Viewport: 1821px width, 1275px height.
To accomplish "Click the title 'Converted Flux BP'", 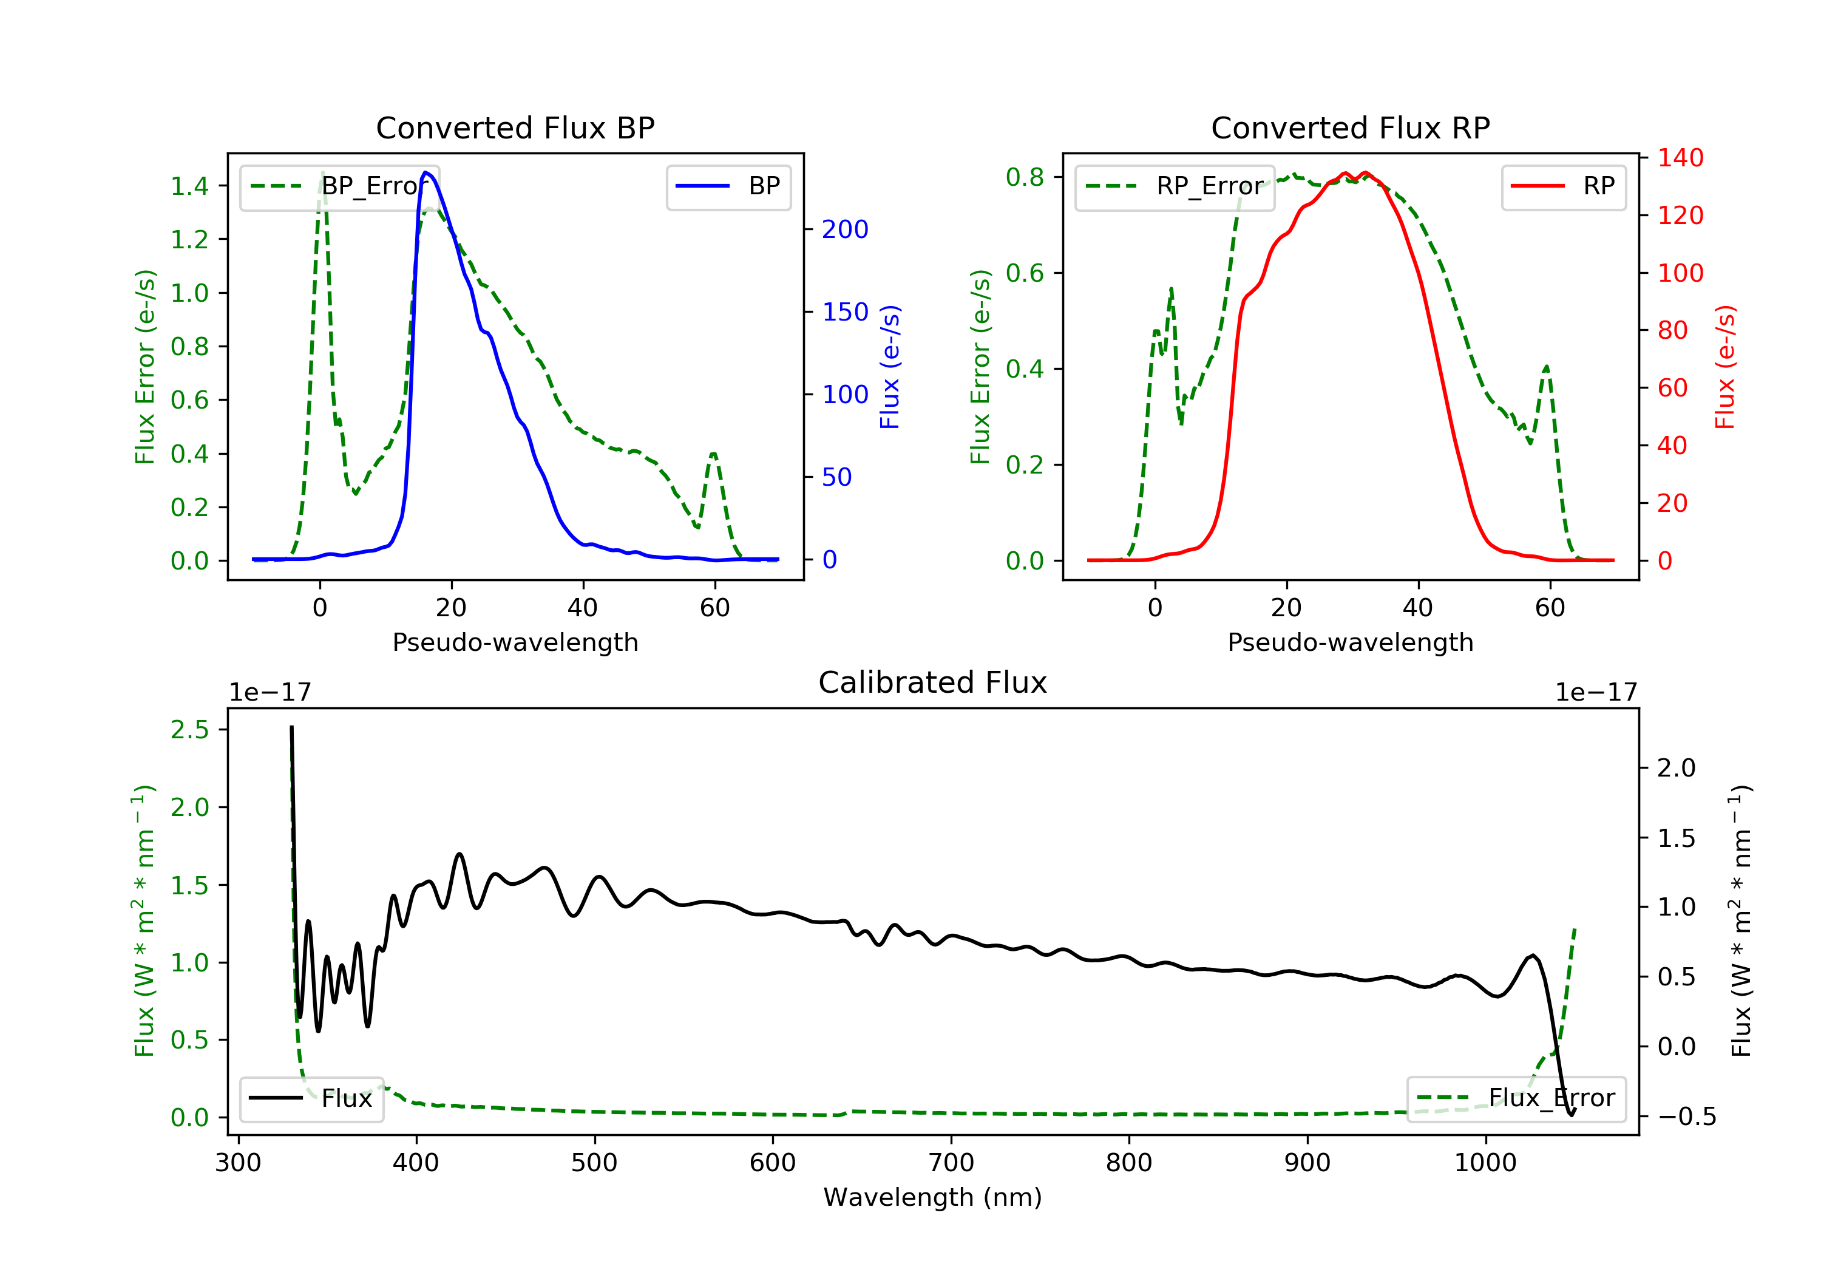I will click(x=515, y=127).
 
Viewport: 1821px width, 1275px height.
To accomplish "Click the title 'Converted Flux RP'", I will click(x=1350, y=127).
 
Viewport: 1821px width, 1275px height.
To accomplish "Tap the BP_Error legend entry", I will click(x=339, y=186).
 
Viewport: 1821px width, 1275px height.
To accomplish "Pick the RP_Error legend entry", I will click(x=1175, y=186).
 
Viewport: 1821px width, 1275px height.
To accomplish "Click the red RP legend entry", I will click(x=1563, y=186).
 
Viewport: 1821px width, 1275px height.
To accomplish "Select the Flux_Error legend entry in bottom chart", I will click(x=1516, y=1098).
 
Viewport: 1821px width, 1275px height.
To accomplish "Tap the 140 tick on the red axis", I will click(x=1680, y=158).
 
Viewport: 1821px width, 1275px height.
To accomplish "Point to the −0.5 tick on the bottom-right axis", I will click(x=1686, y=1117).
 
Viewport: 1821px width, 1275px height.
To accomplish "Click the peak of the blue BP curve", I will click(x=426, y=172).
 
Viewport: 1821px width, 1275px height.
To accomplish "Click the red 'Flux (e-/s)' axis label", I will click(x=1724, y=367).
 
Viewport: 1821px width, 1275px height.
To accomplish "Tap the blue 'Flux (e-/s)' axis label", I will click(x=889, y=367).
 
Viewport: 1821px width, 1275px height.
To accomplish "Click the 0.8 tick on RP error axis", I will click(x=1025, y=177).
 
